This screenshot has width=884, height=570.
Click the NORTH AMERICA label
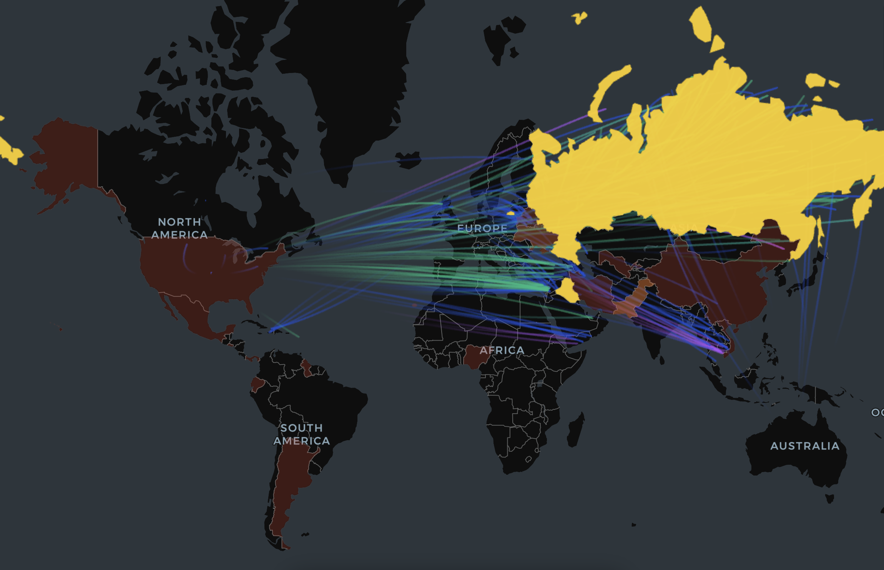[179, 228]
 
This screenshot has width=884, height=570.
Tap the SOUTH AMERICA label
[301, 434]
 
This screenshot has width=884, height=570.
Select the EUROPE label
[482, 229]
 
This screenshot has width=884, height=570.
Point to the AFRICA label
[502, 350]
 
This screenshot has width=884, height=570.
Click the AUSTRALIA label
[805, 446]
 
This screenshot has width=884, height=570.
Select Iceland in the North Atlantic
[408, 160]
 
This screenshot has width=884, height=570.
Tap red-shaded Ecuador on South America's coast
[257, 384]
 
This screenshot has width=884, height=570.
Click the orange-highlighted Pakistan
[630, 300]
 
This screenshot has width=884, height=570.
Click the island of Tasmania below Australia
[829, 499]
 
